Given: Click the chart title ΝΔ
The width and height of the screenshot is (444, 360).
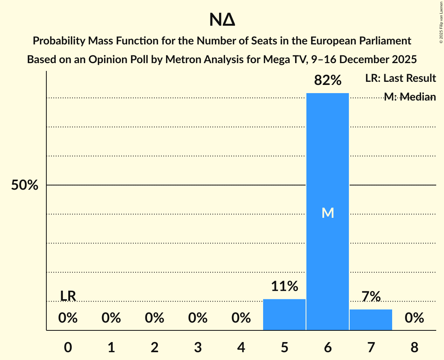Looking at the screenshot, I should point(222,20).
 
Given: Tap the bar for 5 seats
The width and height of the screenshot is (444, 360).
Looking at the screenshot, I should point(284,314).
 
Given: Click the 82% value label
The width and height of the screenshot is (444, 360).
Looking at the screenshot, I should point(327,81).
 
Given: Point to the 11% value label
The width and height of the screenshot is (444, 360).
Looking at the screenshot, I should point(284,287).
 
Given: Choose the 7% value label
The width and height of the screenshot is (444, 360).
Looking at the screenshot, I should point(371,297).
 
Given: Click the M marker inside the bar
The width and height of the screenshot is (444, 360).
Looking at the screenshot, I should point(327,213).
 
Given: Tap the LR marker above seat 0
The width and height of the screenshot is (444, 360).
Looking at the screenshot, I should point(68,296).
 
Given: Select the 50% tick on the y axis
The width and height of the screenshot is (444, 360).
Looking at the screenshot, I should point(25,185).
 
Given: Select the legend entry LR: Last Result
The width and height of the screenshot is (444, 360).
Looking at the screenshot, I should point(400,78).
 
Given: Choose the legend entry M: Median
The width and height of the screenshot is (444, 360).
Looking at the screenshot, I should point(410,97).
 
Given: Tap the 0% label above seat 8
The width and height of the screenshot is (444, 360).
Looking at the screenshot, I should point(414,318).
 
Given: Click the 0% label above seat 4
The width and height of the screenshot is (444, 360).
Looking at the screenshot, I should point(241,318).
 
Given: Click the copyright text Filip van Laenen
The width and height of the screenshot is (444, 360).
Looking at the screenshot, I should point(441,16).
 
